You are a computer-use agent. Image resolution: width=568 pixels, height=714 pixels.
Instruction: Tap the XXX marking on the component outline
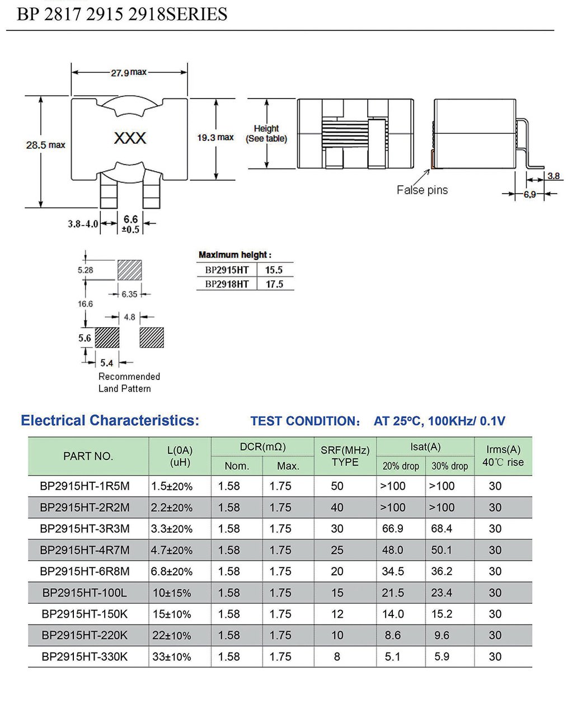pos(130,138)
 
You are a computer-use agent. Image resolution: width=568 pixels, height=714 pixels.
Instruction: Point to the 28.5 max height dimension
pos(45,145)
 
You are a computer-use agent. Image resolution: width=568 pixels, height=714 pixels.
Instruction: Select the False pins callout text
pos(422,190)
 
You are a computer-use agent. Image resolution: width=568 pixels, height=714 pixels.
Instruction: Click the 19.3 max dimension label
pos(215,138)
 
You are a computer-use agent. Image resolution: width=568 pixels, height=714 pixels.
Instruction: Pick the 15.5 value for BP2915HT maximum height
pos(274,270)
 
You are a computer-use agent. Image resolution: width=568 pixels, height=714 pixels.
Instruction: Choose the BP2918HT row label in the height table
pos(227,284)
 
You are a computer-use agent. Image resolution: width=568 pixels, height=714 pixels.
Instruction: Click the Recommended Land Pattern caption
pos(129,382)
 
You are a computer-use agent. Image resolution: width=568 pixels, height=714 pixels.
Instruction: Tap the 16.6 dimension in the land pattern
pos(85,304)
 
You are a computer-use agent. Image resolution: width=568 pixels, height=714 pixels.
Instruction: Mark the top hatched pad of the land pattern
pos(129,270)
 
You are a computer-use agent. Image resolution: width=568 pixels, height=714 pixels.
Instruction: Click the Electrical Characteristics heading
pos(110,421)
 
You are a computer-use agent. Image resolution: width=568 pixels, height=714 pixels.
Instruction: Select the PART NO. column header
pos(88,456)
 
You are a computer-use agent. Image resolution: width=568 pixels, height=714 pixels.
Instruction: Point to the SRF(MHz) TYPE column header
pos(345,456)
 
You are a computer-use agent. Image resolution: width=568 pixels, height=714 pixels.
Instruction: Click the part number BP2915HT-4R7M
pos(85,550)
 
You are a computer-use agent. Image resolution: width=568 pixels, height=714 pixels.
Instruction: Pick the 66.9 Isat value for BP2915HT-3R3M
pos(392,529)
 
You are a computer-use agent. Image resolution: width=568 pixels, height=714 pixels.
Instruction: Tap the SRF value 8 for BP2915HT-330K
pos(337,656)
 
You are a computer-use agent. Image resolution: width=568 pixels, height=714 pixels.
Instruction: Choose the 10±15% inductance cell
pos(172,593)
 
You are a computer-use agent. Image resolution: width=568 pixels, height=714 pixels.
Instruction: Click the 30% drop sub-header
pos(449,466)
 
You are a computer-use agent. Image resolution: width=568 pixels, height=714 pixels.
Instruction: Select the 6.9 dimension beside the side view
pos(529,194)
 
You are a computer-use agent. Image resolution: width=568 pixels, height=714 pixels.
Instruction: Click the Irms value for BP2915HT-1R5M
pos(495,486)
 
